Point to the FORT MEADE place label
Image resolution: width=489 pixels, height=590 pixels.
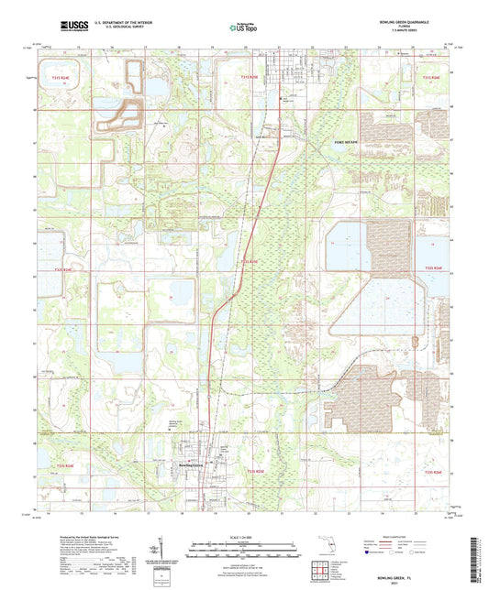click(x=346, y=142)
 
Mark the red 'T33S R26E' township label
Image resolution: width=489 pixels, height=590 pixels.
click(x=431, y=471)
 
